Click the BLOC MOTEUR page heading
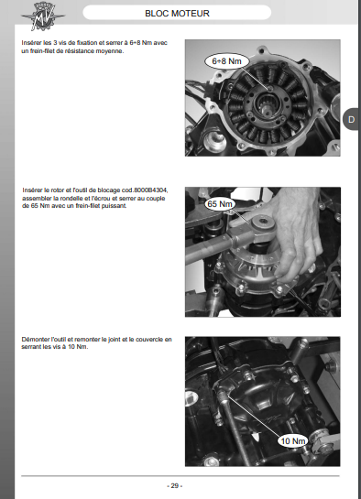point(177,14)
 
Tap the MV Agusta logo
point(43,16)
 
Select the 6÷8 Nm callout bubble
point(226,61)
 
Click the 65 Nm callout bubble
point(220,203)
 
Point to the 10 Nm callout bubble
point(293,440)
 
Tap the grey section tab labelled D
point(351,119)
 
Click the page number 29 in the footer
point(174,485)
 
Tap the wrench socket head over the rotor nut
point(262,223)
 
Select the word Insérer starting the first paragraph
point(31,43)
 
